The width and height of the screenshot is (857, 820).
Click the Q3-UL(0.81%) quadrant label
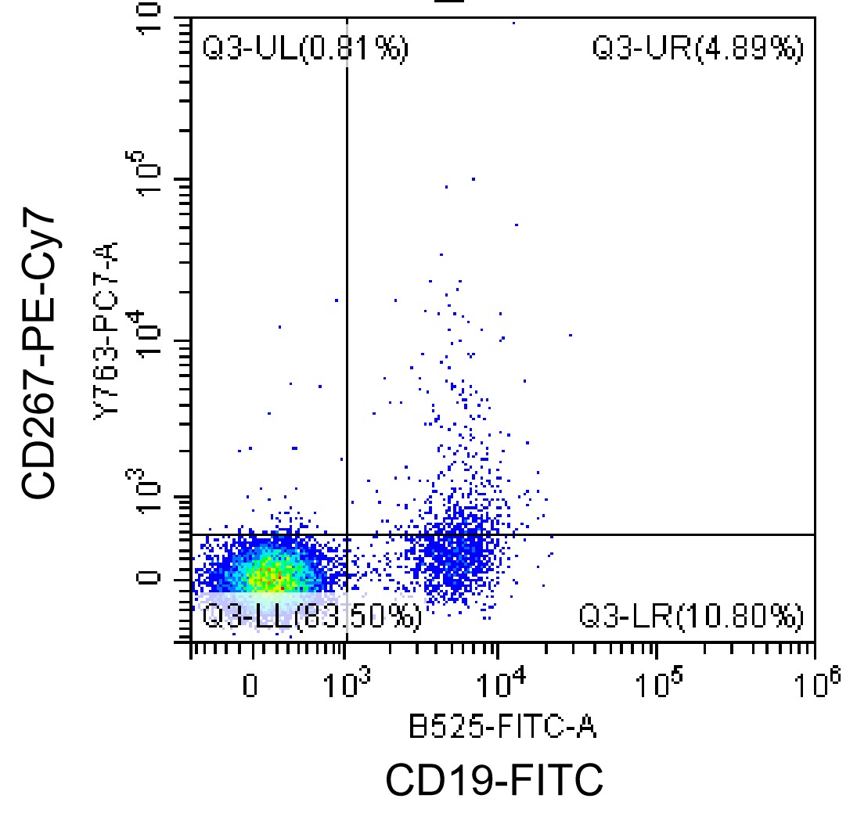click(x=305, y=49)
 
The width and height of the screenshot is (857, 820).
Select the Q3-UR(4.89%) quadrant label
click(x=697, y=49)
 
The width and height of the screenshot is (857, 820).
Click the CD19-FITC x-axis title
click(x=495, y=780)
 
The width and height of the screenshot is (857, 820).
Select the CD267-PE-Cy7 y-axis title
click(x=40, y=355)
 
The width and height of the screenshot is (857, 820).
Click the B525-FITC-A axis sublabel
click(x=503, y=728)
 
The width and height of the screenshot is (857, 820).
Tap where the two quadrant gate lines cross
click(x=346, y=534)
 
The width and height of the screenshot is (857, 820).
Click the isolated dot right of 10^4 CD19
click(x=571, y=335)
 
